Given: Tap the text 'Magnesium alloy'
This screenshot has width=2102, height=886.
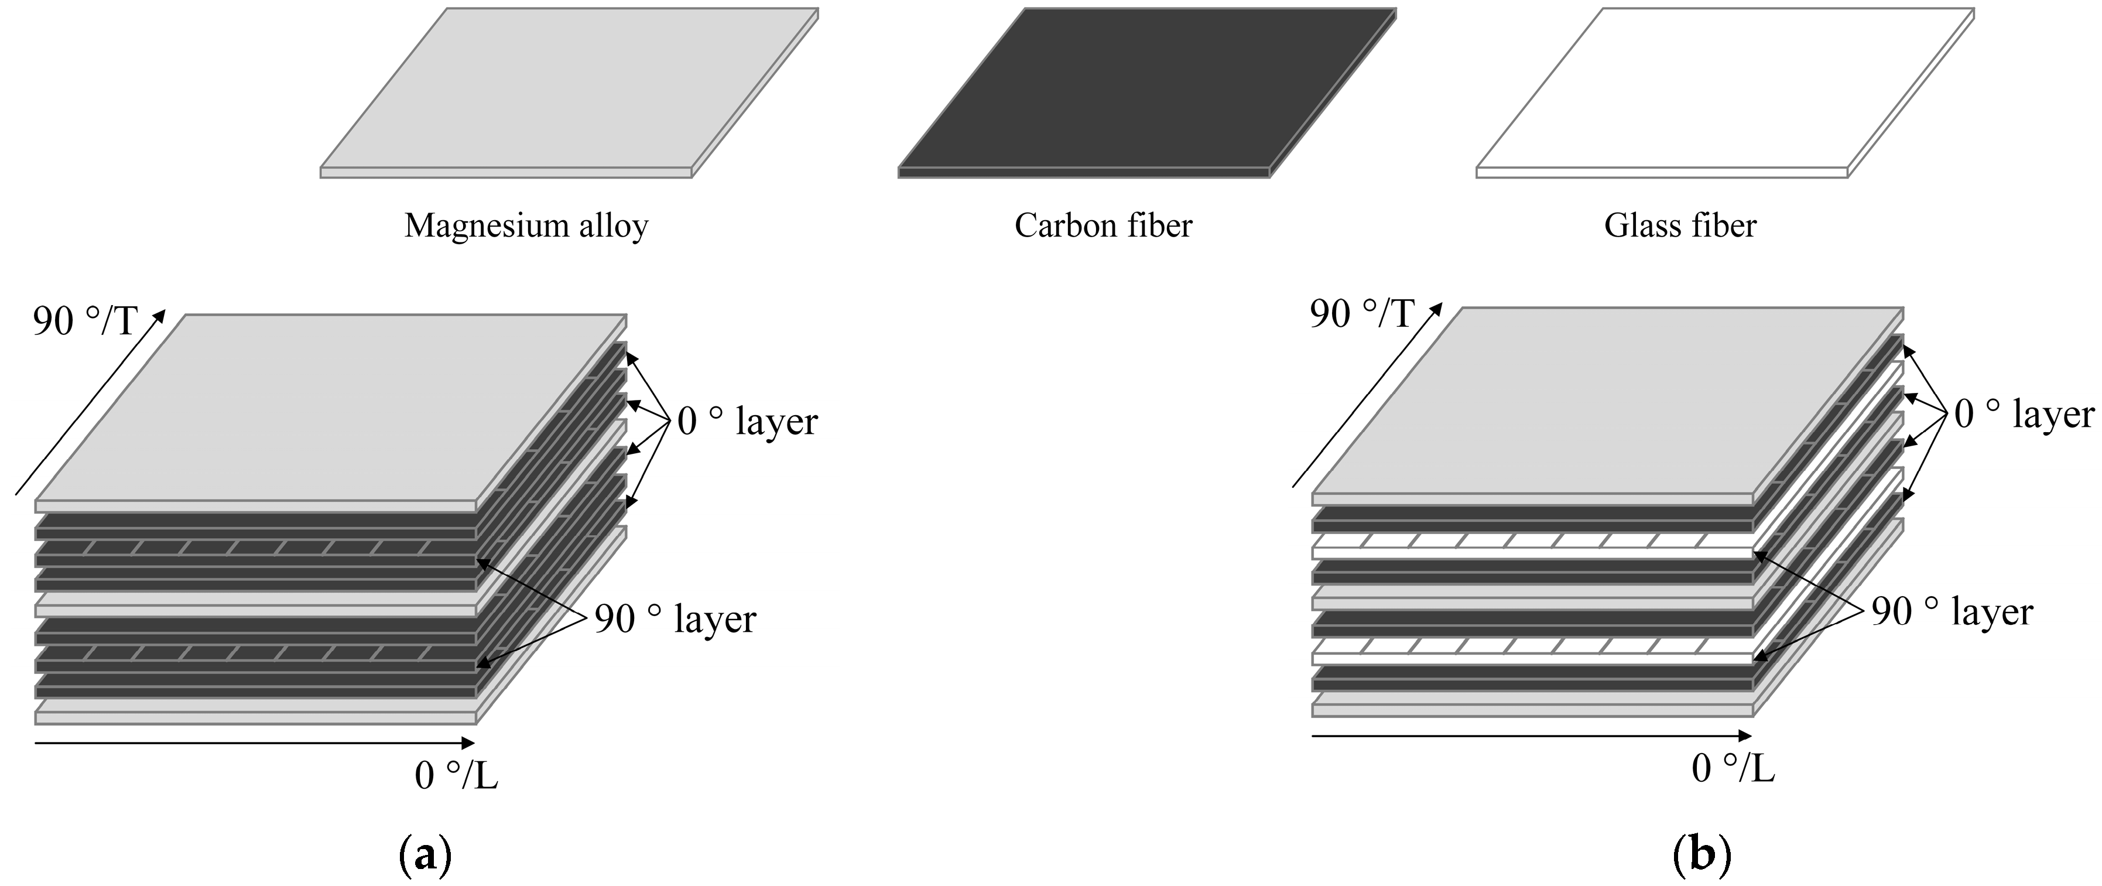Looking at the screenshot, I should coord(526,226).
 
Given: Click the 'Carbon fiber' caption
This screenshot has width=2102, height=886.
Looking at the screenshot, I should coord(1103,226).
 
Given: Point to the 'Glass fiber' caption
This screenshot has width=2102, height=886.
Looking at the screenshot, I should coord(1680,226).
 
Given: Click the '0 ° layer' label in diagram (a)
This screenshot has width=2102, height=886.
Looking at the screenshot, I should coord(747,422).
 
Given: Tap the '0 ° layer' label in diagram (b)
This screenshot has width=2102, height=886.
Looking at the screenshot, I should coord(2024,415).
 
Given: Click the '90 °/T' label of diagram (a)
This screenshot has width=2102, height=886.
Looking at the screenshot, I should coord(85,322).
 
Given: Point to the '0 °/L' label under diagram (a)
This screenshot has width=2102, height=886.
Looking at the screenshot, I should coord(456,775).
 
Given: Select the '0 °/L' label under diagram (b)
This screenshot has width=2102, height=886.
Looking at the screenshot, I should coord(1733,768).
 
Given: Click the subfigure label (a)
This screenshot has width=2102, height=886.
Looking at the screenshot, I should coord(425,857).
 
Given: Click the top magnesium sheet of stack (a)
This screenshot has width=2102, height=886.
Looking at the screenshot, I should coord(330,408).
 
